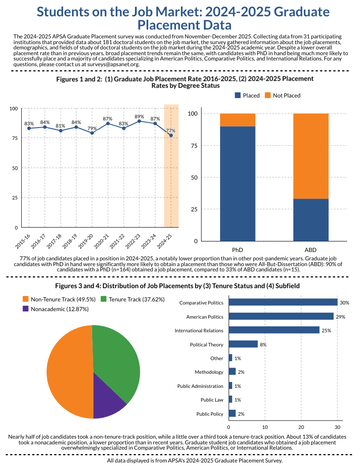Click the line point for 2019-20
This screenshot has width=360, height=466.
tap(92, 133)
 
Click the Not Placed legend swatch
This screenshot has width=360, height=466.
tap(268, 95)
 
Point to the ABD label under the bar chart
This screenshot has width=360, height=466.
tap(311, 249)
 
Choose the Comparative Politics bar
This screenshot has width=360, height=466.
tap(283, 302)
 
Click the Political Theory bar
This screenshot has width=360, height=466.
tap(243, 344)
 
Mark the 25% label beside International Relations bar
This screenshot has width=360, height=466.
tap(326, 331)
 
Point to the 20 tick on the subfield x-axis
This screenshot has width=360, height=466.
tap(301, 427)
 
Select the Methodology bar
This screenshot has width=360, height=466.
tap(232, 372)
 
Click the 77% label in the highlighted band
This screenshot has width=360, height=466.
tap(171, 131)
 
